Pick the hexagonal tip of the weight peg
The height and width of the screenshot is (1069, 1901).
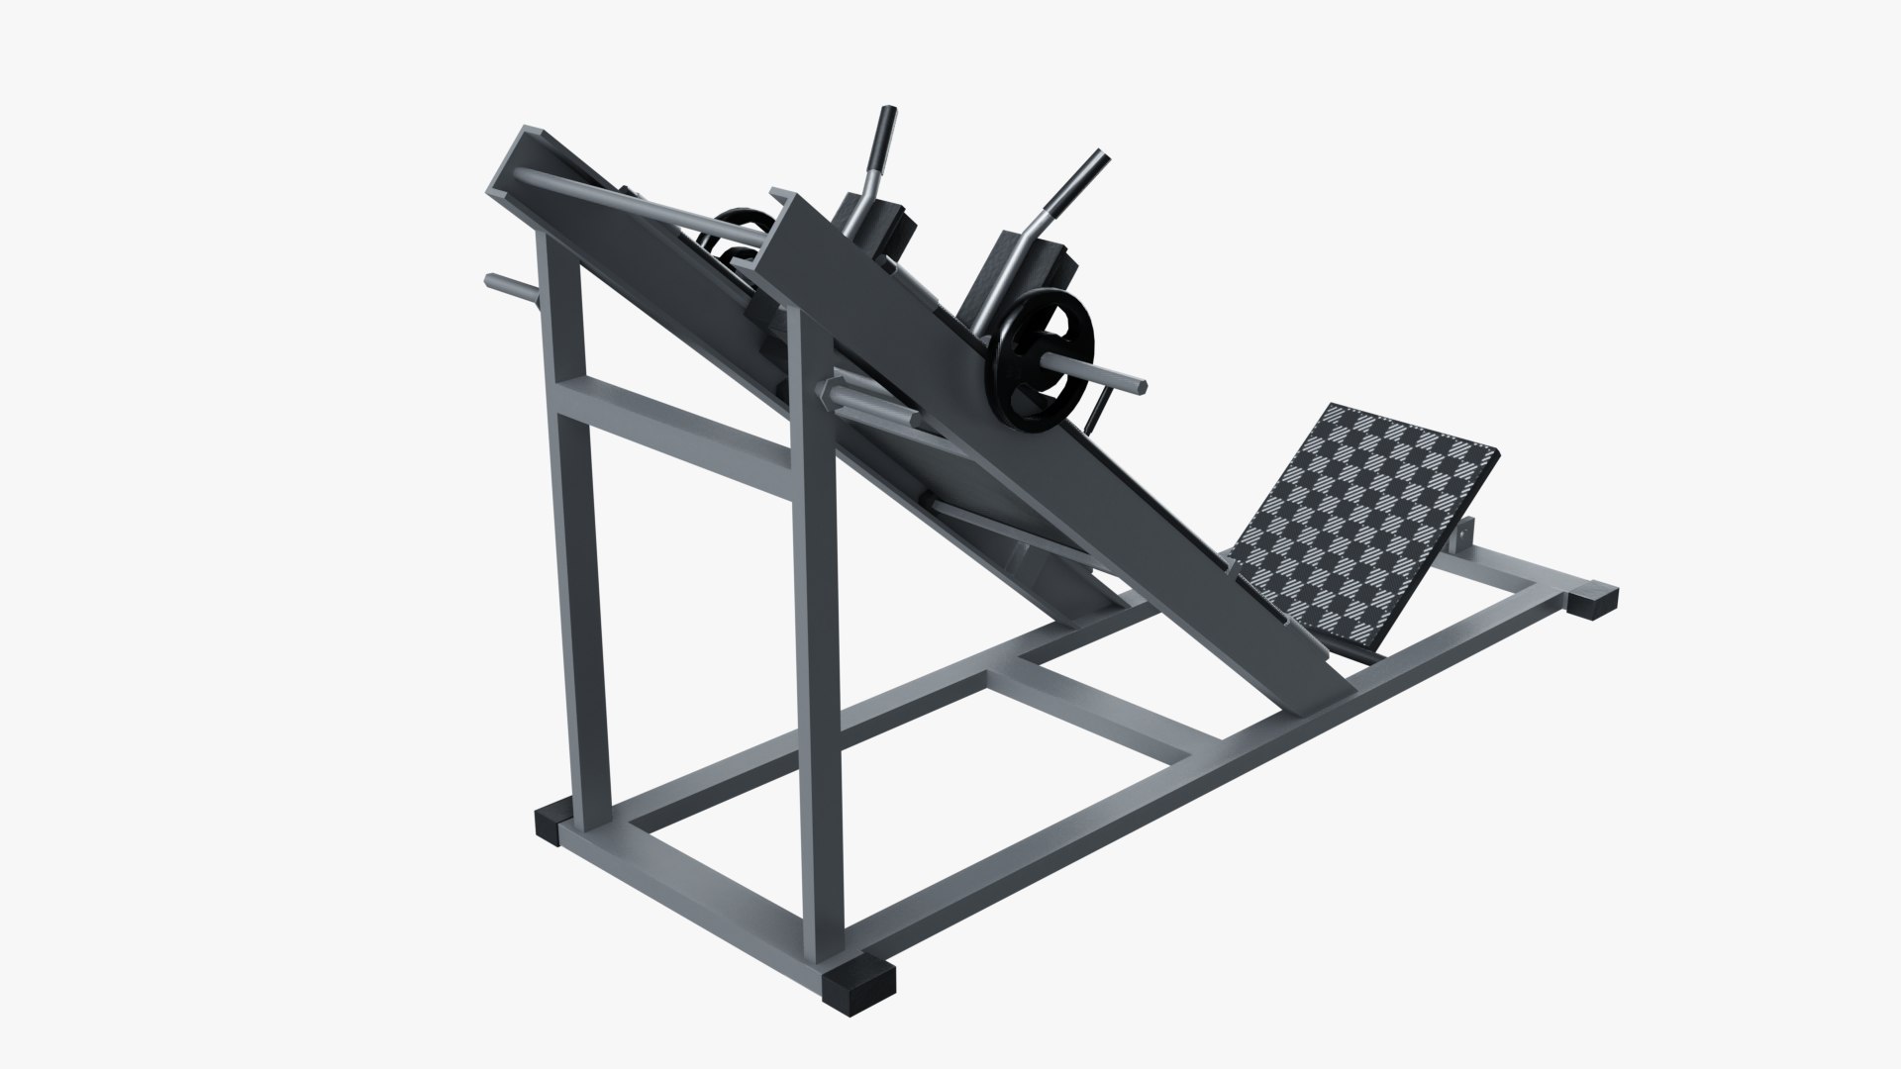point(1144,378)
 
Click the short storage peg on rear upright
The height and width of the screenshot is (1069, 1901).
point(510,287)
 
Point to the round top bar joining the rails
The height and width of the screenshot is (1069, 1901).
point(634,202)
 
